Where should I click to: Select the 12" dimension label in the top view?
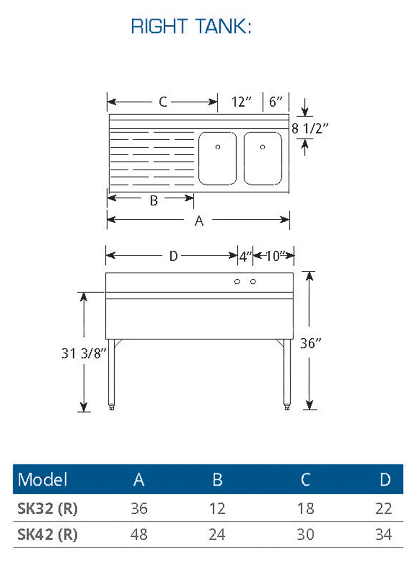pos(242,102)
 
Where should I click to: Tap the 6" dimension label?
pos(275,101)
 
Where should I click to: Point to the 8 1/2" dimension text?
pos(309,128)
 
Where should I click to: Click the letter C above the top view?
pos(163,102)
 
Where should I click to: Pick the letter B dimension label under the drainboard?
pos(154,201)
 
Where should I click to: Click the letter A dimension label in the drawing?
pos(199,221)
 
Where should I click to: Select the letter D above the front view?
pos(174,256)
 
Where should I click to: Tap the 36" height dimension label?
pos(310,343)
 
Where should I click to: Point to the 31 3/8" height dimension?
pos(84,353)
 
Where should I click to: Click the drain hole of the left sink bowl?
pos(217,147)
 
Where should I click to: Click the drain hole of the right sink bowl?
pos(262,147)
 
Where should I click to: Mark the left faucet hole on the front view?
pos(237,282)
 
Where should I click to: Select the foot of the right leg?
pos(287,408)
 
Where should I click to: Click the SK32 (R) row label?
pos(47,508)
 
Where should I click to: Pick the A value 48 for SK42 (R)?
pos(139,535)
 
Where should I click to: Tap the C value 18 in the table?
pos(306,508)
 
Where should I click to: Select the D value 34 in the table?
pos(384,535)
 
